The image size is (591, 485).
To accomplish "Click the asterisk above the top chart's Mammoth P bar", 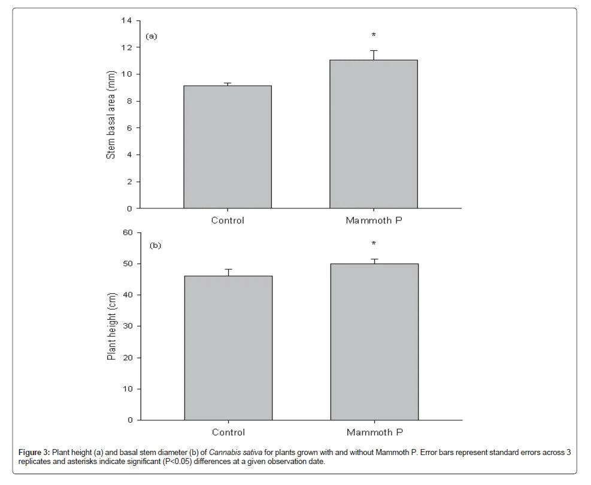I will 374,36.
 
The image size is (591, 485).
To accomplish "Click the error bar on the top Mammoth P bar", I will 374,54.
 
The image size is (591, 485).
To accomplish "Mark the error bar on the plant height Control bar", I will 228,272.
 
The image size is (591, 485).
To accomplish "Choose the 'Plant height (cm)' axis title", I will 111,327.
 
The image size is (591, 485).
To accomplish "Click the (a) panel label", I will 151,36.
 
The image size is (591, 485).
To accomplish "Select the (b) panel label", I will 156,245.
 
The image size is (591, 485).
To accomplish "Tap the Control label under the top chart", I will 228,220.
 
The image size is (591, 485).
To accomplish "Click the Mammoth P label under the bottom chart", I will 374,432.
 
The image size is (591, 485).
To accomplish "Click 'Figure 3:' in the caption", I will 34,452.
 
